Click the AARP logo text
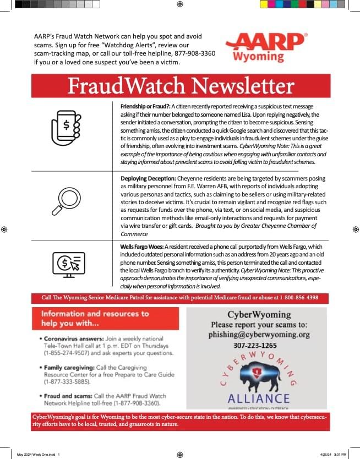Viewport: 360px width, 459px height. pos(266,42)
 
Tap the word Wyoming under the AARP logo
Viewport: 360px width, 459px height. pos(259,56)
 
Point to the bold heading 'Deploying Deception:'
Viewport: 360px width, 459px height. pos(148,179)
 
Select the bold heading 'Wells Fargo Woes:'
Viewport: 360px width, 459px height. pos(141,246)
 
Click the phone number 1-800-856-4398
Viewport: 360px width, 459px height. pos(303,298)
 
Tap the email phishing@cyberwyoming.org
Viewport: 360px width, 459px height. pos(259,334)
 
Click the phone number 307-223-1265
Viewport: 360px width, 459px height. pos(255,346)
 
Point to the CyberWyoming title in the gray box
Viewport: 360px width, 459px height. pos(256,314)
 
